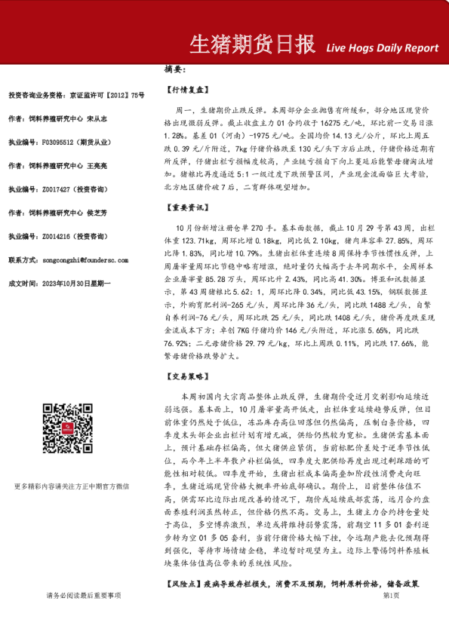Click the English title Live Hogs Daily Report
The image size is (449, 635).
pyautogui.click(x=382, y=48)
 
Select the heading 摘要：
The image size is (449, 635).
pyautogui.click(x=175, y=69)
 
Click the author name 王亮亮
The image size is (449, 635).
pyautogui.click(x=97, y=165)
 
